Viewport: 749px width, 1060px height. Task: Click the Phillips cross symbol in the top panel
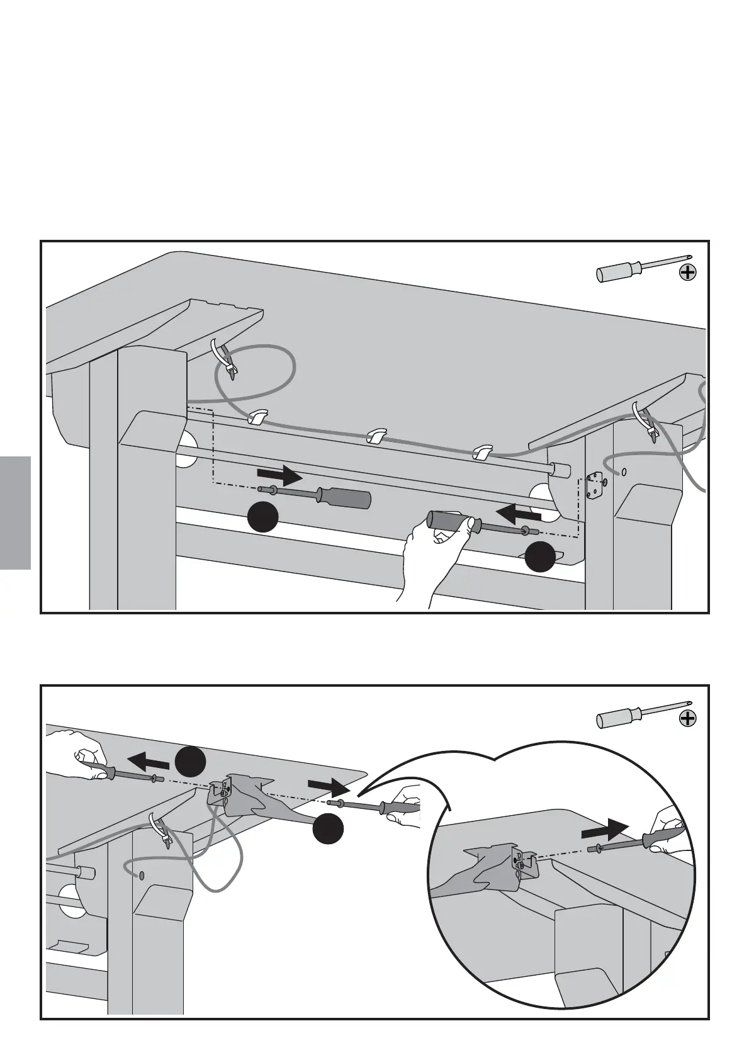(x=689, y=273)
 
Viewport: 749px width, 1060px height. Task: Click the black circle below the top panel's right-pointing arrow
(x=262, y=517)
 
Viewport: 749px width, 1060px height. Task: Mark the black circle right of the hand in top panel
(x=541, y=557)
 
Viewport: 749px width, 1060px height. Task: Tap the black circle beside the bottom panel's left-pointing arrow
(x=191, y=761)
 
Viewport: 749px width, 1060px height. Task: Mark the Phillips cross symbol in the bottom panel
(x=689, y=718)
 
